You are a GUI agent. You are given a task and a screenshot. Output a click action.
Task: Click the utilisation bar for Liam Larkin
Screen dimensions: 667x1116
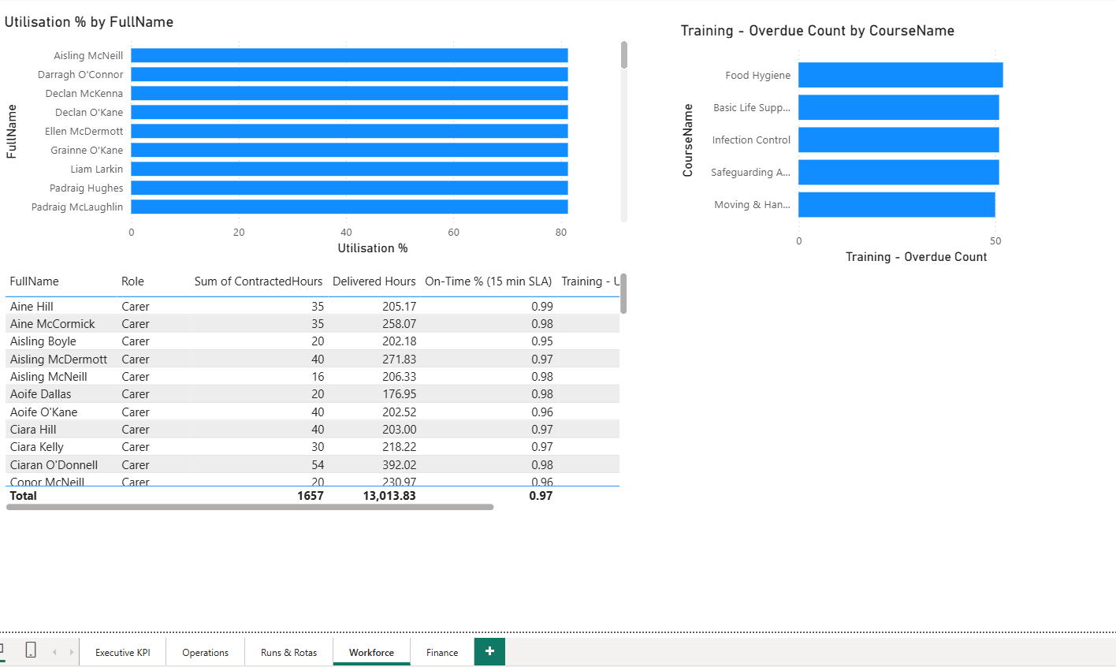[349, 169]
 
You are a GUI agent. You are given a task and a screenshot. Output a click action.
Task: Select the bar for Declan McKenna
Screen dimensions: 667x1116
[349, 93]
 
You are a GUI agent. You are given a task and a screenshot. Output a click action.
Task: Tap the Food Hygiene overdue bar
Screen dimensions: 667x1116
[900, 75]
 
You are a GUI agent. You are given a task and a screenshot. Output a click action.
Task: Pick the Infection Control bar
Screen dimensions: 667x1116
[898, 140]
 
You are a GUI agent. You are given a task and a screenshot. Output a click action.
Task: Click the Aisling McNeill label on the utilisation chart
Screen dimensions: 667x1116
[88, 55]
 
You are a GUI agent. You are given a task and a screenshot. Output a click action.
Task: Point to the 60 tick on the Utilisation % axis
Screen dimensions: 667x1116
[453, 232]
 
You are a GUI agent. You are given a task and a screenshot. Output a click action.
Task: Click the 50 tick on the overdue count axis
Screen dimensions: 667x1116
[995, 240]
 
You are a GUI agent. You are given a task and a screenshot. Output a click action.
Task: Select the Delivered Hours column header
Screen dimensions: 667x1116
[374, 281]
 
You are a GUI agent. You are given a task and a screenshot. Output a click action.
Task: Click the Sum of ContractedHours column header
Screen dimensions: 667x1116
[259, 281]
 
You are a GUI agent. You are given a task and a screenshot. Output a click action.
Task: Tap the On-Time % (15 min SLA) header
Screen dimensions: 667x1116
[488, 281]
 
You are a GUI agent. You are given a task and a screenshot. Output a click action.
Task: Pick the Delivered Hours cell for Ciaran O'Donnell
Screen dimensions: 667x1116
[399, 465]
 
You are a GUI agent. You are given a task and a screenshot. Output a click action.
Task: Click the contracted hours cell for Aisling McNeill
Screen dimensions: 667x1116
[318, 377]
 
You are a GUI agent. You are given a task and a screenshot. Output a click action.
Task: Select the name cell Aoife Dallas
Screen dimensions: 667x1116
[41, 394]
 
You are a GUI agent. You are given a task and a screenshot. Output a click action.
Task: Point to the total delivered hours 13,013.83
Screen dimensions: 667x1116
[389, 496]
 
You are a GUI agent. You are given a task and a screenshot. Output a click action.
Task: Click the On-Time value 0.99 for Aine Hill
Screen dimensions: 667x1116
[541, 307]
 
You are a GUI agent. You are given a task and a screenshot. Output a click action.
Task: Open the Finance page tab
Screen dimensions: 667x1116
[442, 652]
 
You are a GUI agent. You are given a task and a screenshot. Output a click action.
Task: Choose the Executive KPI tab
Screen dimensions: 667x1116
[122, 652]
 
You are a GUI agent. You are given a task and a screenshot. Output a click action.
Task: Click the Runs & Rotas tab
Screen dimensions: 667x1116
[288, 652]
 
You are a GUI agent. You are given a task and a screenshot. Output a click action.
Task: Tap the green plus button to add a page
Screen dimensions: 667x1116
[489, 651]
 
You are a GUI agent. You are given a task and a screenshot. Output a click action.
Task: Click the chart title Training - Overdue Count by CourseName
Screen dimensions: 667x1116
[817, 31]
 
